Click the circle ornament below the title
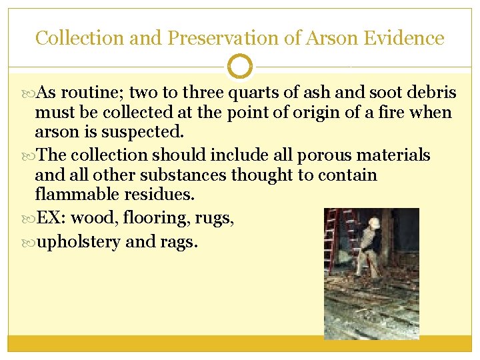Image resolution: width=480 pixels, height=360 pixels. (x=240, y=67)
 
